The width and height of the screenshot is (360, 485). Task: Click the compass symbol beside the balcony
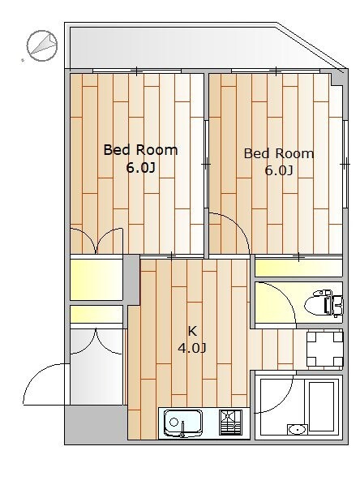point(42,45)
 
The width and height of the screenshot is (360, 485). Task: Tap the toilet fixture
point(324,303)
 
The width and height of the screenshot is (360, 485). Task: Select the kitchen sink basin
point(182,423)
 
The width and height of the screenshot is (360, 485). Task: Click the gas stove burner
point(230,423)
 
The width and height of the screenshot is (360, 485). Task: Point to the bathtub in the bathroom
point(322,406)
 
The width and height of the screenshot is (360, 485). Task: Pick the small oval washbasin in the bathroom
point(298,430)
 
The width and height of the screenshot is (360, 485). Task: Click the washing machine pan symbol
point(325,349)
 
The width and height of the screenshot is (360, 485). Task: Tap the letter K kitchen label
point(192,331)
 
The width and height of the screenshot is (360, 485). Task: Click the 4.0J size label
point(192,349)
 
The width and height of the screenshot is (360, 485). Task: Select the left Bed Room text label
point(140,150)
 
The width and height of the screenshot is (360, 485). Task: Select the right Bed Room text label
point(279,153)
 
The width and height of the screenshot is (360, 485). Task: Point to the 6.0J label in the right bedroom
point(279,170)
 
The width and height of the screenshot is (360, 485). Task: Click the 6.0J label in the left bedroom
point(140,168)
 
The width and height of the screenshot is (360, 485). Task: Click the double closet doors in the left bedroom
point(96,241)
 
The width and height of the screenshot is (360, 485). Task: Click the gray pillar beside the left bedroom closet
point(131,279)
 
